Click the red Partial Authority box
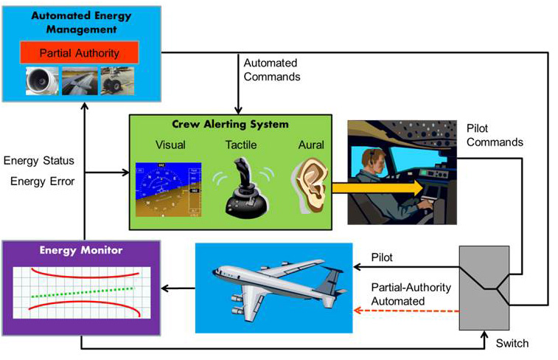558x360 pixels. click(79, 53)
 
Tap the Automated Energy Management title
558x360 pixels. click(79, 23)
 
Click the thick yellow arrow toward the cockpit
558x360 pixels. click(376, 188)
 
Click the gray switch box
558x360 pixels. click(484, 288)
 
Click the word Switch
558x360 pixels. click(512, 343)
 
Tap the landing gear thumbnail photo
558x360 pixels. click(116, 82)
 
